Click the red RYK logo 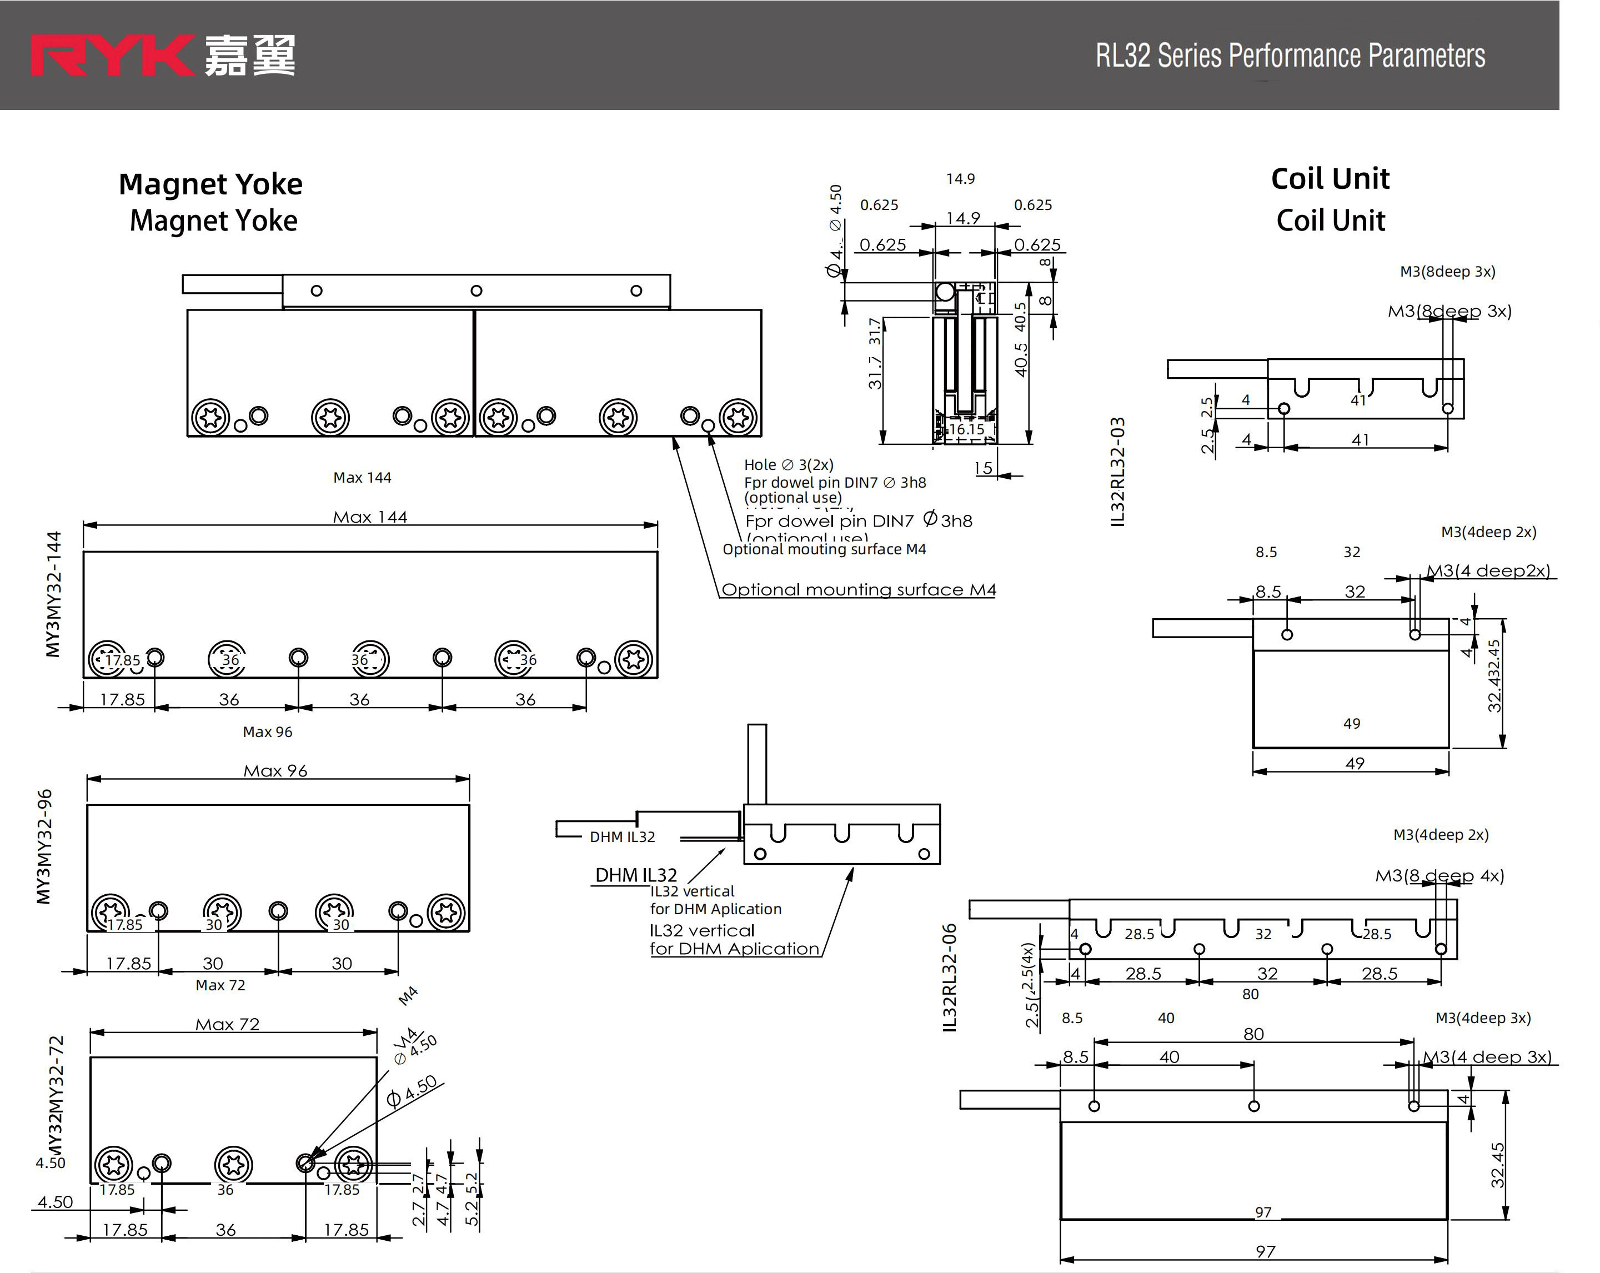point(111,55)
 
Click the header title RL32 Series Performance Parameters point(1290,56)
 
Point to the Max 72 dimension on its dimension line point(227,1024)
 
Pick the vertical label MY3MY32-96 point(44,846)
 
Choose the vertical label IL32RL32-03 point(1117,472)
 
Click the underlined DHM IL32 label point(636,876)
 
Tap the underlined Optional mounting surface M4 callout point(859,589)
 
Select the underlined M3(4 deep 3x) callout point(1487,1056)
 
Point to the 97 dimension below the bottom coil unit point(1265,1251)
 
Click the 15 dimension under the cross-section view point(984,468)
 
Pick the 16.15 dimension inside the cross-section point(966,429)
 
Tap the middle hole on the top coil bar point(477,291)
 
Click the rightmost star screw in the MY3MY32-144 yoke point(633,658)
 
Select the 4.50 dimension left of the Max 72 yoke point(55,1202)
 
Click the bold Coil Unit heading point(1330,179)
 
